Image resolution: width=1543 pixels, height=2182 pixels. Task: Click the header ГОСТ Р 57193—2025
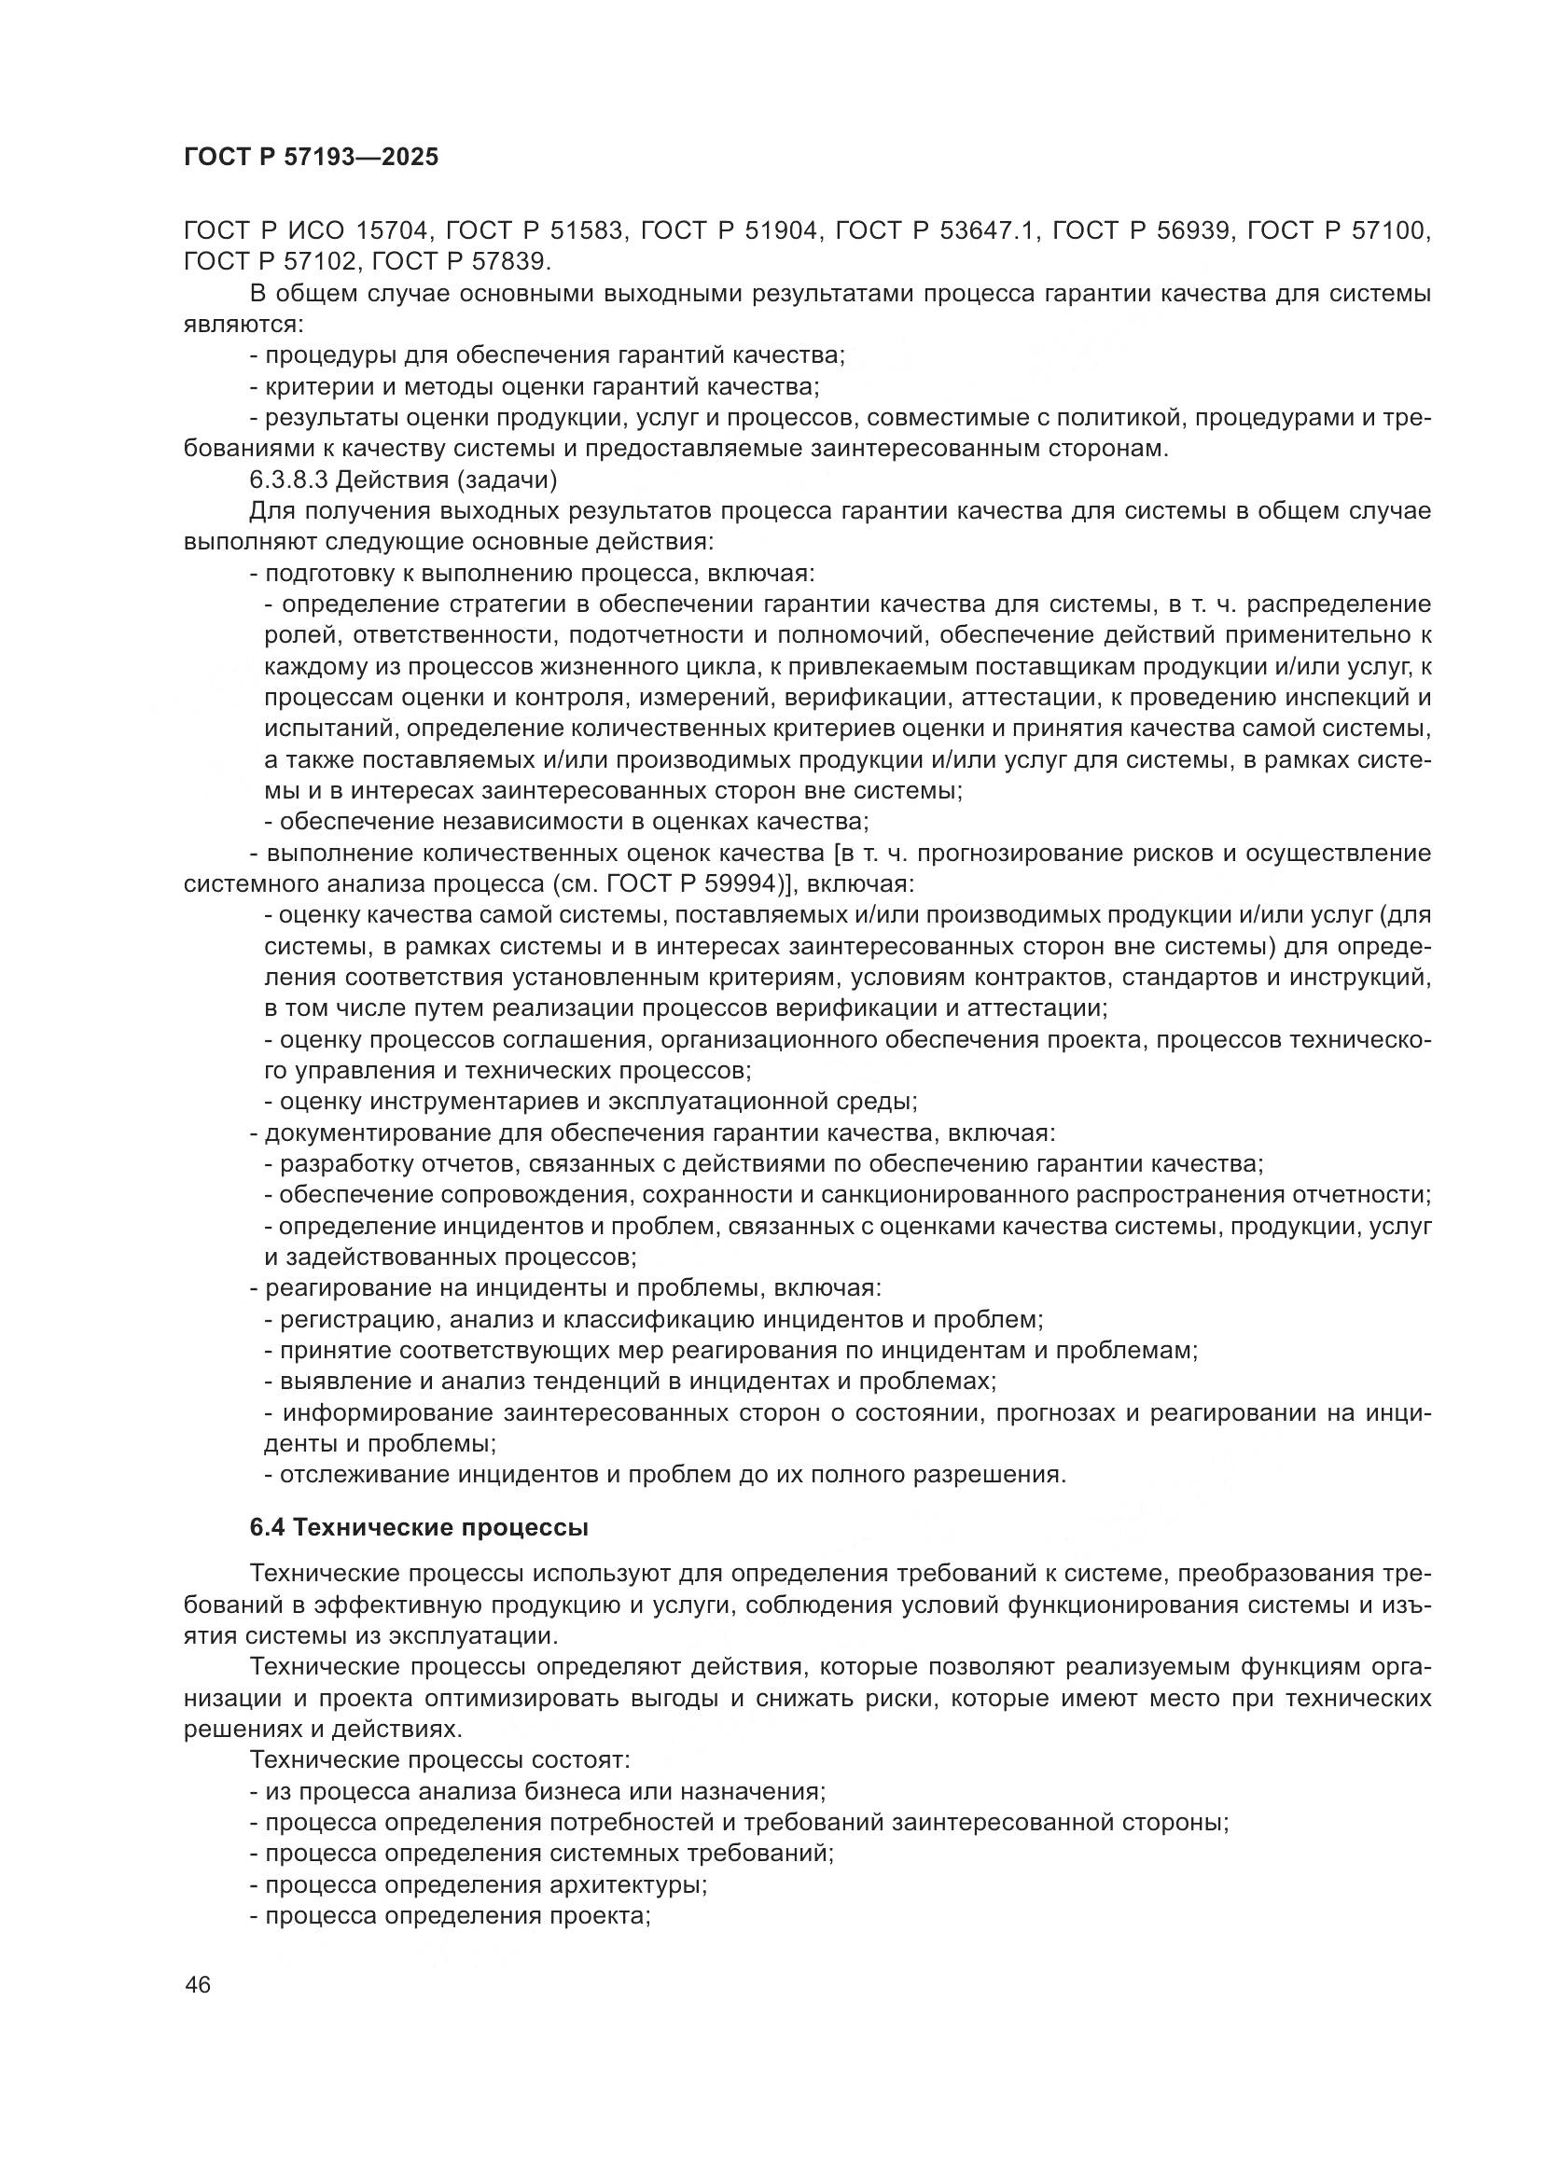(x=311, y=157)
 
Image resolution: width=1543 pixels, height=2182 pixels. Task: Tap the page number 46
(x=199, y=1983)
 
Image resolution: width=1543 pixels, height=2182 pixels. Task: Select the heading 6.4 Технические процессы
(x=419, y=1528)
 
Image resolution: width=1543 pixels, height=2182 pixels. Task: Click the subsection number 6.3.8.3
(x=285, y=479)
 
